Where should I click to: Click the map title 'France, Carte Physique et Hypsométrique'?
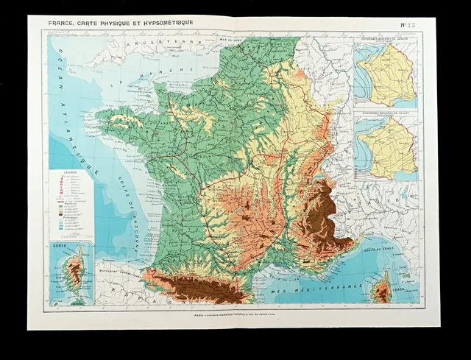coord(121,23)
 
